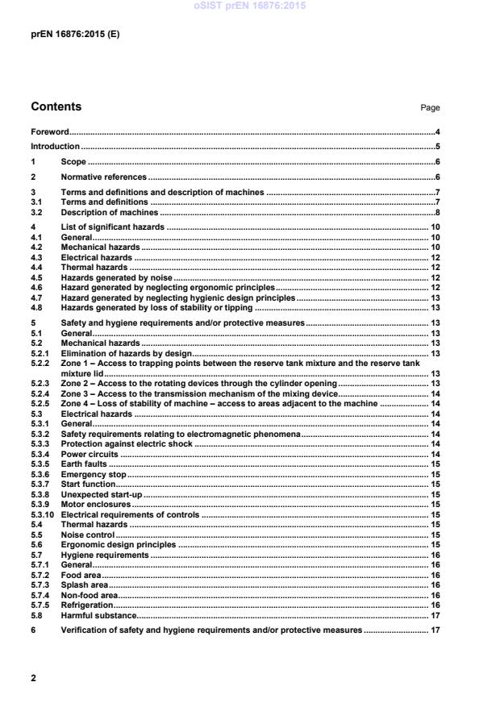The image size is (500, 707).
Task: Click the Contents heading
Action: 56,107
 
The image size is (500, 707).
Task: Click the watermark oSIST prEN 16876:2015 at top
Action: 249,6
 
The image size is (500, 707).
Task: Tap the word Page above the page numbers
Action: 430,108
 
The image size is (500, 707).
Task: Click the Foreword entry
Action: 49,131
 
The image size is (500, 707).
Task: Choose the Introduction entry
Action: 55,147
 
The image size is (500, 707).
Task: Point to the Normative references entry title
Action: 103,177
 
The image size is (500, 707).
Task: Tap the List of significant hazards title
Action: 113,227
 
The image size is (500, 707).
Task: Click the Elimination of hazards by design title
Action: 123,352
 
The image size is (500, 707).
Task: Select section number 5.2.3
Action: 39,383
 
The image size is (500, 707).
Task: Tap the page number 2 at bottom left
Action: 33,679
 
